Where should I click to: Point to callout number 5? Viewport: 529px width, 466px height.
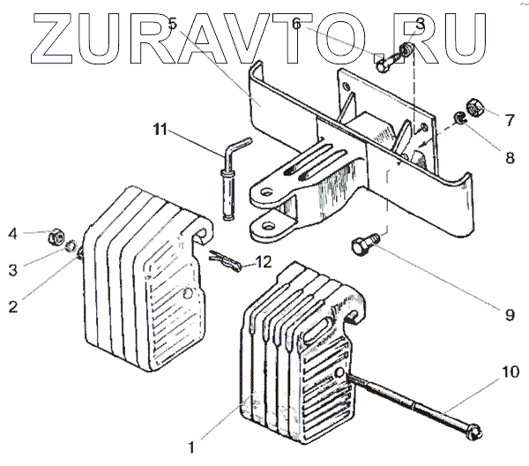point(173,23)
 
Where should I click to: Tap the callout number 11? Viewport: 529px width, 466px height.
point(159,131)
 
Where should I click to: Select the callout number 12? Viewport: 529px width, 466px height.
point(264,262)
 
